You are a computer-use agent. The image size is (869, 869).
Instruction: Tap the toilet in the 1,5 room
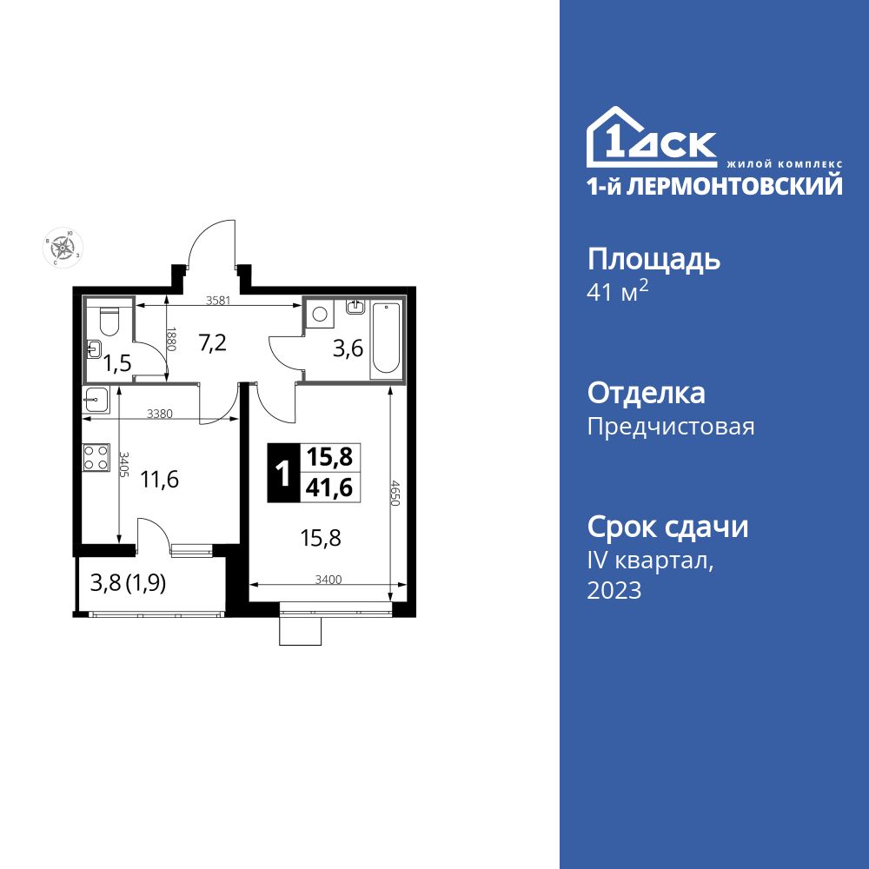click(109, 321)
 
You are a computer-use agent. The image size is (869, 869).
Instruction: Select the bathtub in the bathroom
click(387, 340)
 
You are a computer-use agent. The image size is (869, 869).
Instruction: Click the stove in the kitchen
click(94, 457)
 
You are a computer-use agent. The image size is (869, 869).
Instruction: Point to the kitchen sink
click(95, 399)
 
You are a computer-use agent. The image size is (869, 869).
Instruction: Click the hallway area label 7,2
click(212, 342)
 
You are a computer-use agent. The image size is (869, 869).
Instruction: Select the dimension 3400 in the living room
click(328, 578)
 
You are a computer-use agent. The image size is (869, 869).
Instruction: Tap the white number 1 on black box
click(282, 474)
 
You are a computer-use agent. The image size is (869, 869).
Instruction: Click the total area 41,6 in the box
click(329, 488)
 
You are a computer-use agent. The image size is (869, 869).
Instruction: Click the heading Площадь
click(654, 259)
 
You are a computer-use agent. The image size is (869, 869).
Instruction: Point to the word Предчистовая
click(671, 427)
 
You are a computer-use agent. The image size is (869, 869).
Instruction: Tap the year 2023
click(614, 591)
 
